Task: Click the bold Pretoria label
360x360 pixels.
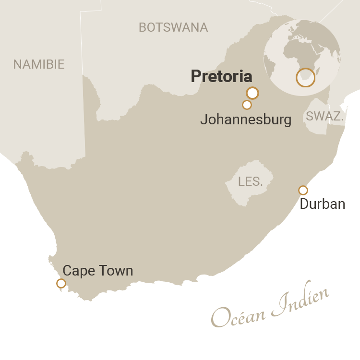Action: coord(221,76)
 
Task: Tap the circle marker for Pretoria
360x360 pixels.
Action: coord(252,93)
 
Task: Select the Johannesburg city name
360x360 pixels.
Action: coord(245,120)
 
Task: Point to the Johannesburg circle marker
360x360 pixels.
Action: coord(247,105)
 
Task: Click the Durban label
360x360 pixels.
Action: coord(322,204)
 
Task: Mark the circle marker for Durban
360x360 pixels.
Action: coord(303,190)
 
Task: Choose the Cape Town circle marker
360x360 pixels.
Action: coord(61,283)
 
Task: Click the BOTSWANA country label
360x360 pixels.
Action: coord(173,27)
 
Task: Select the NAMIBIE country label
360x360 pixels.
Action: coord(39,64)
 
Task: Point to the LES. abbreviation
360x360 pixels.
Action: coord(251,181)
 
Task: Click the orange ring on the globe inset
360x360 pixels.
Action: coord(305,77)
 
